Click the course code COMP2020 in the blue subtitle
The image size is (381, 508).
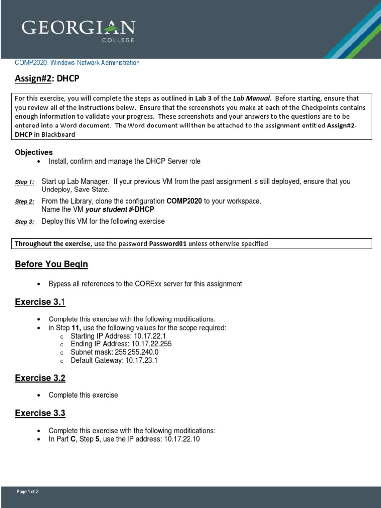(x=31, y=63)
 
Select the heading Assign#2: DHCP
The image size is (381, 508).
(x=47, y=79)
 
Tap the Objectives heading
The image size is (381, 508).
(x=34, y=152)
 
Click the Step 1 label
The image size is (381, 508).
(x=24, y=182)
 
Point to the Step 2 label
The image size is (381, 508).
(x=24, y=202)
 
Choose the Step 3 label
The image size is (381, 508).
(x=24, y=222)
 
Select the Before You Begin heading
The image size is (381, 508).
(x=52, y=264)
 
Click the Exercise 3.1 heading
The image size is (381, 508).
(x=40, y=302)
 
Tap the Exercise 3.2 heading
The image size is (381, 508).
(x=40, y=378)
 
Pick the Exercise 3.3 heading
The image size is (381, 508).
(x=40, y=413)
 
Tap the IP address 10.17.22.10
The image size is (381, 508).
(x=182, y=440)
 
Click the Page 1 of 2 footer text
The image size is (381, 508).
(x=28, y=492)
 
